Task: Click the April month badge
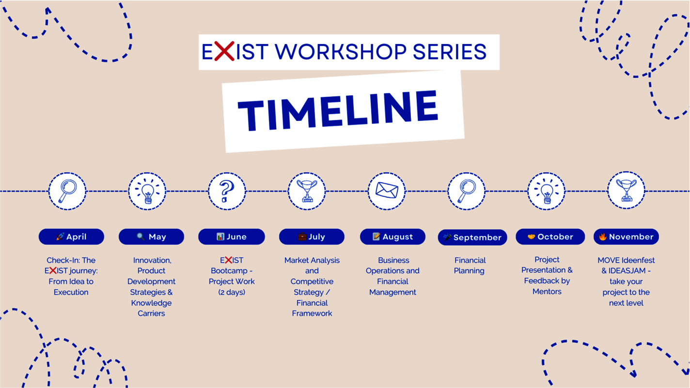coord(71,237)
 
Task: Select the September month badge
coord(472,238)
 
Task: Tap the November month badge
coord(626,237)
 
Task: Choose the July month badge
coord(312,237)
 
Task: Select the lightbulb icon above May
coord(147,191)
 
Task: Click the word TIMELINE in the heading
coord(338,111)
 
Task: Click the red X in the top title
coord(224,51)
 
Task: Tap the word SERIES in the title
coord(450,51)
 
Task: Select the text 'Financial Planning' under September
coord(470,265)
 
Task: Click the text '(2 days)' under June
coord(232,292)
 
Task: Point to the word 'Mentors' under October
coord(547,291)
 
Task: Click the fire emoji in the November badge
coord(602,237)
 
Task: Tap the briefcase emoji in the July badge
coord(302,237)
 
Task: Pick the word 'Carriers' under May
coord(151,313)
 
